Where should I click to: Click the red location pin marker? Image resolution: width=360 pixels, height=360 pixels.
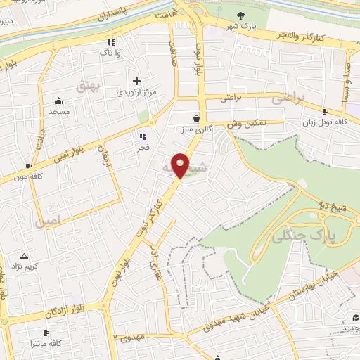pyautogui.click(x=181, y=165)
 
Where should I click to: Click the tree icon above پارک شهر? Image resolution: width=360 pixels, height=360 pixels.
pyautogui.click(x=241, y=15)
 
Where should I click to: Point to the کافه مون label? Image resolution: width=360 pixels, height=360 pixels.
pyautogui.click(x=28, y=176)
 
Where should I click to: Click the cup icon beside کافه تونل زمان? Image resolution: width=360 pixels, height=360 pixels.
pyautogui.click(x=325, y=111)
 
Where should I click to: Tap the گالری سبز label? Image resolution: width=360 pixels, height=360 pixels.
pyautogui.click(x=195, y=130)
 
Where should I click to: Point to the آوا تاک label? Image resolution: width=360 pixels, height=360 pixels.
pyautogui.click(x=112, y=53)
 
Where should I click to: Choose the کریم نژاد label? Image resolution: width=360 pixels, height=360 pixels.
pyautogui.click(x=25, y=267)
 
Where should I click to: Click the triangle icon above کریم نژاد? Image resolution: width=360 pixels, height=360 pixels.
pyautogui.click(x=25, y=256)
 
